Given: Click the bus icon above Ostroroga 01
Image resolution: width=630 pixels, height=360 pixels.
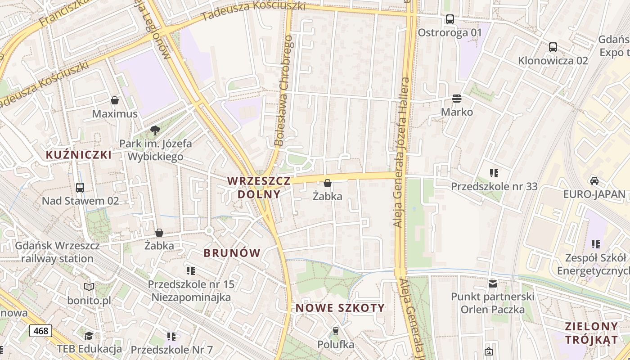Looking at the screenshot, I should coord(450,19).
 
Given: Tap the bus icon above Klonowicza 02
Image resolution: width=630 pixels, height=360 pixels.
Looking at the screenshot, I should coord(553,47).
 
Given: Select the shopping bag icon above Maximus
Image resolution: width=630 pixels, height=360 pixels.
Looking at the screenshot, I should coord(115,100).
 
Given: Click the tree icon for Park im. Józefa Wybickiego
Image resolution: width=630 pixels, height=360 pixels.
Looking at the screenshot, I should coord(155,130).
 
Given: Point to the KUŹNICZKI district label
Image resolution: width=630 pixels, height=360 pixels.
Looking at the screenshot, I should coord(79,155).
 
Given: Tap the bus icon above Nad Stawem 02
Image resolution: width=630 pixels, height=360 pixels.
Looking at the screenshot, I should coord(80,188).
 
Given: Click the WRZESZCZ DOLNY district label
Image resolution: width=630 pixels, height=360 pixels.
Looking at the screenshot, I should coord(259,188).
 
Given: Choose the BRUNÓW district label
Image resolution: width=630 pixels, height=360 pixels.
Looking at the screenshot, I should coord(232,253).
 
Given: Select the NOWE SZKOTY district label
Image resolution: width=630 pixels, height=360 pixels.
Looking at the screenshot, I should coord(340,308).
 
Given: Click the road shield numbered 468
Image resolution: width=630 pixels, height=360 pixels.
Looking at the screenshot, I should coord(40,331).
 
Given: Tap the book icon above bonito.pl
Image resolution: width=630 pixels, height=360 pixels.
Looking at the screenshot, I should coord(89,287).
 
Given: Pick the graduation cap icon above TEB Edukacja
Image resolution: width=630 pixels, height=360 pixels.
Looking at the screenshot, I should coord(89,336).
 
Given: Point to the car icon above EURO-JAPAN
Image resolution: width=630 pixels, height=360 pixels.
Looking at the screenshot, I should coord(594,181).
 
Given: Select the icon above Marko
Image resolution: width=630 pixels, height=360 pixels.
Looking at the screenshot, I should coord(457,99).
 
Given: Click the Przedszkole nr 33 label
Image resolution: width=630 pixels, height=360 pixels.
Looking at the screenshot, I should coord(494,186).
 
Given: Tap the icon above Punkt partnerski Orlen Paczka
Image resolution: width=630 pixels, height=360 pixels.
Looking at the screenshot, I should coord(493,284).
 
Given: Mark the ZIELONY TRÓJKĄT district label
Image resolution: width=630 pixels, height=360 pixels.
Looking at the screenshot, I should coord(591,333).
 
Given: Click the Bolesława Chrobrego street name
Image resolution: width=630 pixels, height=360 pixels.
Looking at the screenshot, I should coord(284,91).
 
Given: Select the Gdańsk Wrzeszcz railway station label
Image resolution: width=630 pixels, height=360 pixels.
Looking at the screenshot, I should coord(57,252).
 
